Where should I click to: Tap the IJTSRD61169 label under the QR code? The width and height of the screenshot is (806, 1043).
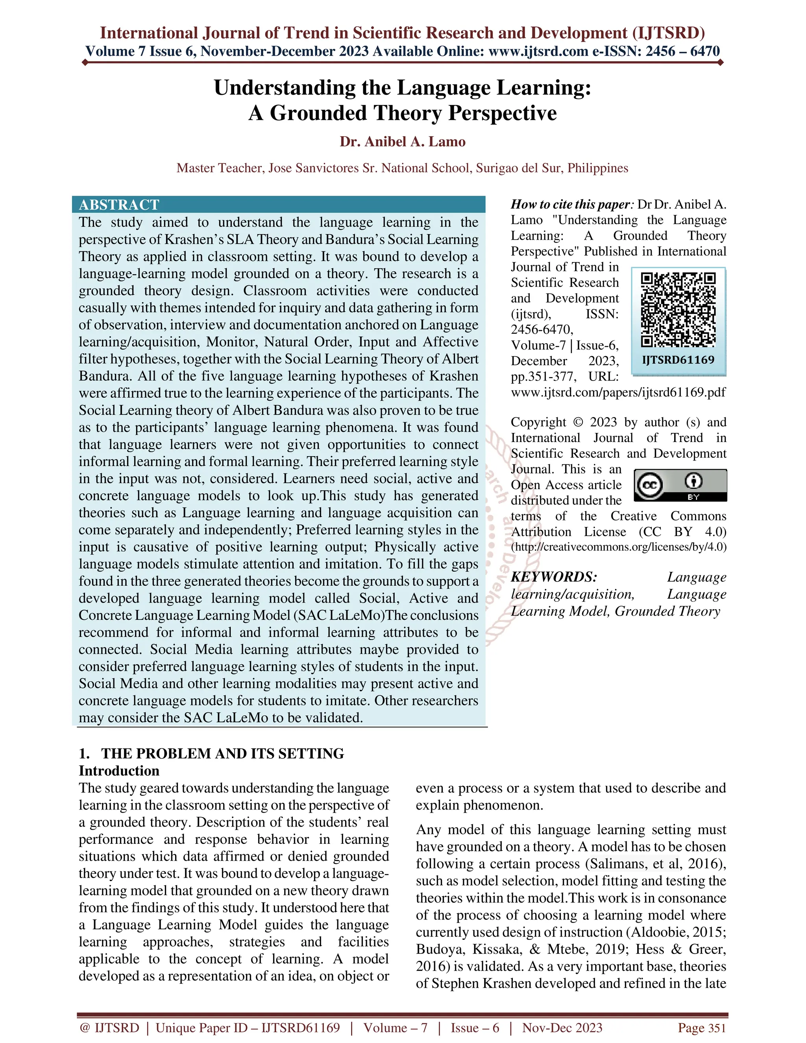click(678, 360)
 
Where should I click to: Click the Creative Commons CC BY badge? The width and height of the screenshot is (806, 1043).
click(680, 485)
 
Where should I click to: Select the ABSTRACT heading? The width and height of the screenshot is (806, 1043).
click(119, 205)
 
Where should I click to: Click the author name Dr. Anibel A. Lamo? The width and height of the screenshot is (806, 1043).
click(403, 142)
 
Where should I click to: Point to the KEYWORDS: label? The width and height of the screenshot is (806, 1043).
click(554, 577)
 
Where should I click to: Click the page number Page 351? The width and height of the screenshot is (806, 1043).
click(701, 1028)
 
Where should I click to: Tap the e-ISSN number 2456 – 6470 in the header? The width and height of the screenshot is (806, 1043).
click(682, 51)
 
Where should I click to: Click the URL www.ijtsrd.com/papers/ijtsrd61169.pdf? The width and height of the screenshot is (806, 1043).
click(618, 392)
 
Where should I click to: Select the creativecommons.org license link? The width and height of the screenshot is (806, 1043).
click(619, 547)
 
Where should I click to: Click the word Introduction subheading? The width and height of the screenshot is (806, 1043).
click(119, 771)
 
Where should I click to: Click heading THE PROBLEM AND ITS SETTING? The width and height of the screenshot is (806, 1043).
click(222, 754)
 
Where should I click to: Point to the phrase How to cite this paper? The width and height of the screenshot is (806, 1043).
click(571, 204)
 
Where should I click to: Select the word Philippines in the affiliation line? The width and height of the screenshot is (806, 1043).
click(598, 168)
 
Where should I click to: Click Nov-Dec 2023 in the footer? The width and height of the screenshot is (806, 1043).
click(562, 1028)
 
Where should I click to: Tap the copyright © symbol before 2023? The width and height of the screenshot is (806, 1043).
click(578, 422)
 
